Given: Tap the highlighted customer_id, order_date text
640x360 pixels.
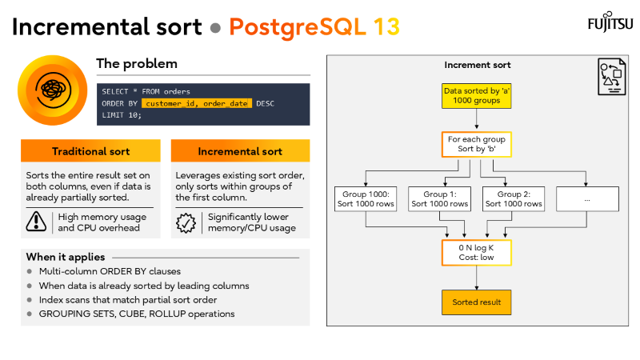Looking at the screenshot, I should [197, 103].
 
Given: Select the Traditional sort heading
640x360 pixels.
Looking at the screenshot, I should [90, 151].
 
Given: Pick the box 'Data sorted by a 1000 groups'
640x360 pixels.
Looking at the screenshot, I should [478, 96].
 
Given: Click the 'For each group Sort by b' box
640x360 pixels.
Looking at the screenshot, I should [478, 145].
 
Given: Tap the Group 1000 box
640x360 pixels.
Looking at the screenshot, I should [366, 198].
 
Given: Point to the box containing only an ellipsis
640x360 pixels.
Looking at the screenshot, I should [588, 198].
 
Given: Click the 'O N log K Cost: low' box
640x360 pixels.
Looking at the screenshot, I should [478, 253].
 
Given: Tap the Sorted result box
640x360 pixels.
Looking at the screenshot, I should [478, 302].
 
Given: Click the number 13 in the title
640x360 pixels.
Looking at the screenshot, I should [386, 26].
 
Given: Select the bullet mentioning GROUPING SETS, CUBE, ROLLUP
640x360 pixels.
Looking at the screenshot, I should [136, 314].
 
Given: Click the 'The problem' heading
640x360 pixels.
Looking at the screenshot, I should [137, 63].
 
